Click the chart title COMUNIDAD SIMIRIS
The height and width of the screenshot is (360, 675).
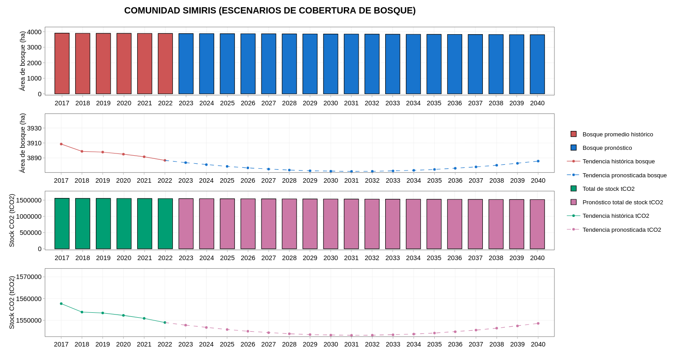tap(270, 10)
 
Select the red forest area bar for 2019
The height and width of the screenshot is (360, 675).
tap(103, 63)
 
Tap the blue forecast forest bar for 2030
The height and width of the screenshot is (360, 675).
tap(331, 64)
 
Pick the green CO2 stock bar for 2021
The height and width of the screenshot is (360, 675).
tap(144, 224)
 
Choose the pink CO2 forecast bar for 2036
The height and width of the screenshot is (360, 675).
tap(454, 224)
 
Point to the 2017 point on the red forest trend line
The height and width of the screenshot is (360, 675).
tap(61, 144)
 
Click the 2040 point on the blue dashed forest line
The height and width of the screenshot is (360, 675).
tap(538, 161)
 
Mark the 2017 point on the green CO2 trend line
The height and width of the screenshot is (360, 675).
tap(61, 304)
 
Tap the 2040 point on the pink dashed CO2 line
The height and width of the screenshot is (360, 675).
tap(538, 324)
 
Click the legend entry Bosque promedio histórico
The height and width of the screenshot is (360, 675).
tap(617, 134)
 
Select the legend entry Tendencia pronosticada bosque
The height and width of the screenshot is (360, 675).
tap(624, 175)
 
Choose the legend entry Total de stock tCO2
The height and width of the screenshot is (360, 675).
tap(608, 189)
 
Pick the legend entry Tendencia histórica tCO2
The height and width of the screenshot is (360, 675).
tap(615, 216)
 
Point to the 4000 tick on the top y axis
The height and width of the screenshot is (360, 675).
tap(34, 32)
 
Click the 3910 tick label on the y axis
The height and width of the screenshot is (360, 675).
tap(34, 143)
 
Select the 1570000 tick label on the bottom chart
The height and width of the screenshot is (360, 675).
tap(29, 277)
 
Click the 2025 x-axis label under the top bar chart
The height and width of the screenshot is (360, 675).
tap(227, 103)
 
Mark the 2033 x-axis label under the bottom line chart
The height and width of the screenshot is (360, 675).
tap(393, 344)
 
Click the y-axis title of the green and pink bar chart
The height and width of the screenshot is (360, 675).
tap(12, 220)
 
